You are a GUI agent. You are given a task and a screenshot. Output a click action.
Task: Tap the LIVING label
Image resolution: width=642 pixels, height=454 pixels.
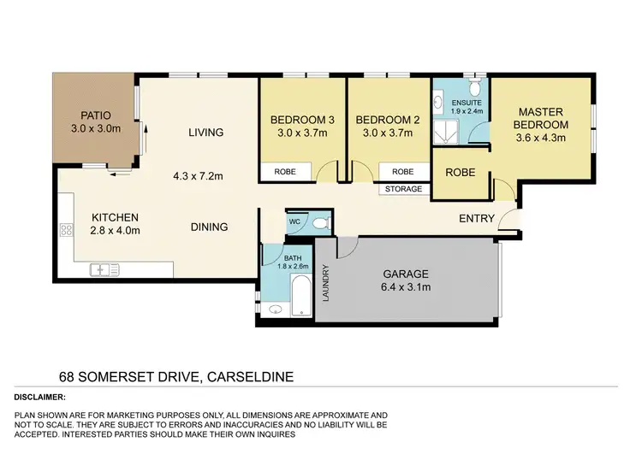coord(206,133)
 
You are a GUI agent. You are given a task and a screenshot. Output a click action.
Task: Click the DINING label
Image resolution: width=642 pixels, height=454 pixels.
coord(209,227)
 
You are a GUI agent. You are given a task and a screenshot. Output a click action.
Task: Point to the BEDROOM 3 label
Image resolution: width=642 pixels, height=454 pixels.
coord(300,119)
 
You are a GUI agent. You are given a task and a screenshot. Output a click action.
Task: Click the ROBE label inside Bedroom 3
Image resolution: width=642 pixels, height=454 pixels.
coord(285,172)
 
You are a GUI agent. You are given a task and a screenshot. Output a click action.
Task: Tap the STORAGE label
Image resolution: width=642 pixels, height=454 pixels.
coord(403,189)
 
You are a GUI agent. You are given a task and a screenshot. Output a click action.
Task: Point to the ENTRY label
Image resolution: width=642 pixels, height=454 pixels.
coord(476,218)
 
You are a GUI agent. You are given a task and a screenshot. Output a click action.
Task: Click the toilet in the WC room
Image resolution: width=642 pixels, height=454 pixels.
coord(318,222)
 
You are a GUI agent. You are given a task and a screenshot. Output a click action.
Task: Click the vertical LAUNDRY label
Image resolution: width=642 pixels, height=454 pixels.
coord(326,282)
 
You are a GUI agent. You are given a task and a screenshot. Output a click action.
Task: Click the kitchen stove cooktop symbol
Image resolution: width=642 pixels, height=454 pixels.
coord(65,229)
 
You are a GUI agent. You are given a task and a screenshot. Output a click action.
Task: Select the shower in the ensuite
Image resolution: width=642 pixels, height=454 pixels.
coord(446,127)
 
